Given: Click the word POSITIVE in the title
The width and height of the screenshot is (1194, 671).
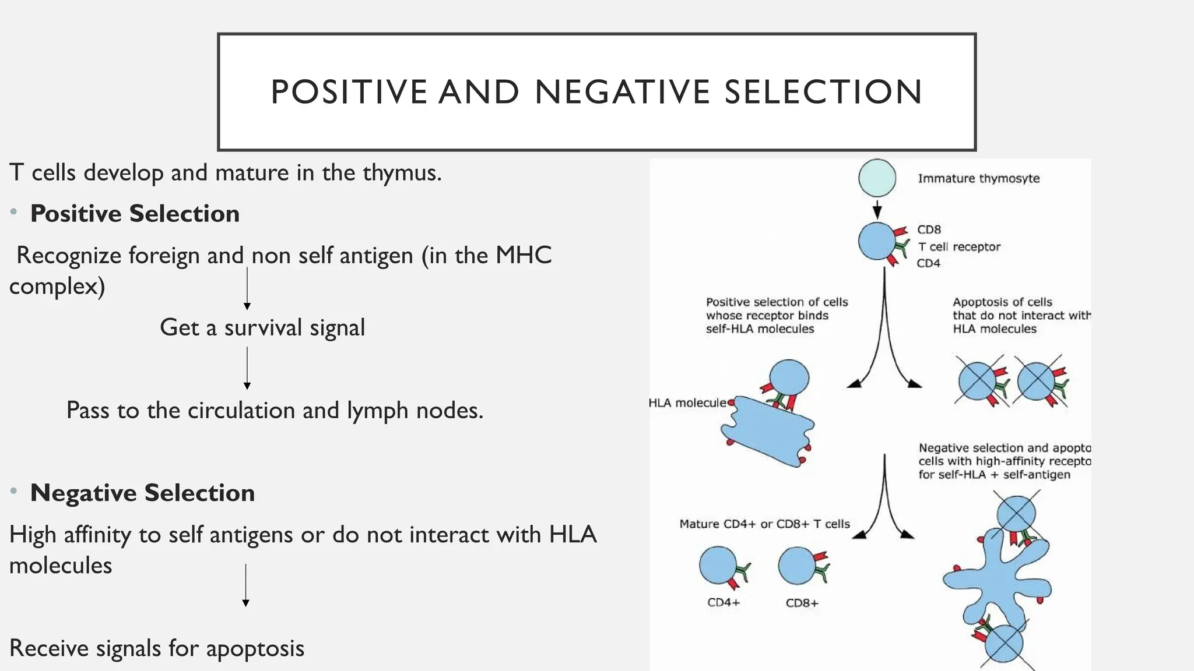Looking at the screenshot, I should pyautogui.click(x=349, y=92).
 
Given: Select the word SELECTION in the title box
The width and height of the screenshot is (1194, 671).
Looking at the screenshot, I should pyautogui.click(x=823, y=92).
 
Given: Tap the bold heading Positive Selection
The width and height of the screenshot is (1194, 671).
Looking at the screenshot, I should pyautogui.click(x=135, y=214).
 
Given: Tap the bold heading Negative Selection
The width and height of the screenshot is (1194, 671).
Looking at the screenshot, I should pyautogui.click(x=142, y=493).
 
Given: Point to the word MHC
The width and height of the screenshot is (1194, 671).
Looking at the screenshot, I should pyautogui.click(x=523, y=256).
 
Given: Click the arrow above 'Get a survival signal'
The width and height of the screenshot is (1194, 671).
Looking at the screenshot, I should pyautogui.click(x=247, y=289).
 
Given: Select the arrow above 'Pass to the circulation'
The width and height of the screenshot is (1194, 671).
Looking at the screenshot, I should pyautogui.click(x=247, y=368).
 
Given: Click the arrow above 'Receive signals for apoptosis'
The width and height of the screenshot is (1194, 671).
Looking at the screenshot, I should pyautogui.click(x=245, y=585).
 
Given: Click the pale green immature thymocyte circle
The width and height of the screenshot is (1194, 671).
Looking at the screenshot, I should pyautogui.click(x=877, y=178).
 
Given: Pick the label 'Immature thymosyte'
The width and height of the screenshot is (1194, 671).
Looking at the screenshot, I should pyautogui.click(x=978, y=179).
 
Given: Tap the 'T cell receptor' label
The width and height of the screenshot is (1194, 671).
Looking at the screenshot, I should pyautogui.click(x=958, y=247).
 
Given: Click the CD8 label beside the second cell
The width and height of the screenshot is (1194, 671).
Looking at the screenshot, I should pyautogui.click(x=929, y=230).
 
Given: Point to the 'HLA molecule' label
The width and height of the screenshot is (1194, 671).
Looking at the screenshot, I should pyautogui.click(x=687, y=403).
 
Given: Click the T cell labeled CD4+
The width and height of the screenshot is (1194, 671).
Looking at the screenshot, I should pyautogui.click(x=718, y=565).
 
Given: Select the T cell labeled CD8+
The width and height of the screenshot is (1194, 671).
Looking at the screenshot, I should pyautogui.click(x=796, y=566).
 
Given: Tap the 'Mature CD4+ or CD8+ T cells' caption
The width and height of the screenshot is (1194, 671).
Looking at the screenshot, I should pyautogui.click(x=764, y=524).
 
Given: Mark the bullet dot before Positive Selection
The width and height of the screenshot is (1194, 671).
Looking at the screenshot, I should pyautogui.click(x=13, y=213).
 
